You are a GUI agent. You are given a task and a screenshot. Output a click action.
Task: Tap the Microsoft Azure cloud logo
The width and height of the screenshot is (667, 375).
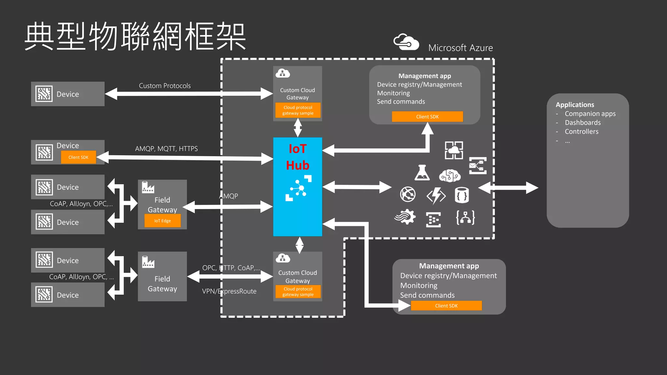(x=406, y=42)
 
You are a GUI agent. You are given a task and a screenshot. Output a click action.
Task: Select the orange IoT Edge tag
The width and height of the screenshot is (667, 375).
(x=162, y=221)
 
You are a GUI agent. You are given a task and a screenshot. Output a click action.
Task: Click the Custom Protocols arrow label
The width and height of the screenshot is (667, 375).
(x=165, y=86)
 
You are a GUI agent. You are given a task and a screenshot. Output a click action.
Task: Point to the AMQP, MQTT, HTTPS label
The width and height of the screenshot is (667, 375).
(x=166, y=149)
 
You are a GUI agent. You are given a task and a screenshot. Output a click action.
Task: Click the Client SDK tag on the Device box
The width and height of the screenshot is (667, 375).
(x=78, y=157)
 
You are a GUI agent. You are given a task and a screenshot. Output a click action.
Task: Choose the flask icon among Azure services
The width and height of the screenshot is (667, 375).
(x=422, y=173)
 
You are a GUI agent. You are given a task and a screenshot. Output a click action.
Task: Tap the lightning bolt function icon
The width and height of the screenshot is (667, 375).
(x=436, y=196)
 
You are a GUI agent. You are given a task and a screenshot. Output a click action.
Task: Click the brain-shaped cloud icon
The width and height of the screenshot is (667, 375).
(x=450, y=176)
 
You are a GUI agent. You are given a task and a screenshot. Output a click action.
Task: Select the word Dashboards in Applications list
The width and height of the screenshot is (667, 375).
(x=583, y=123)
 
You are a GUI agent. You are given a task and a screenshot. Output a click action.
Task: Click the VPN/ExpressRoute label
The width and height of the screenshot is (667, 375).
(x=229, y=291)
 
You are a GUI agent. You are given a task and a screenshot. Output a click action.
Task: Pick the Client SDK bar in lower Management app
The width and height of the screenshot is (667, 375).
(x=446, y=306)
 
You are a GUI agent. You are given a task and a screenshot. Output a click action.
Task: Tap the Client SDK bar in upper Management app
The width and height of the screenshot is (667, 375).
(x=427, y=117)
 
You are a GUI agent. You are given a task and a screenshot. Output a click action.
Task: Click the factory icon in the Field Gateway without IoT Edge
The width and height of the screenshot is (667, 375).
(x=148, y=262)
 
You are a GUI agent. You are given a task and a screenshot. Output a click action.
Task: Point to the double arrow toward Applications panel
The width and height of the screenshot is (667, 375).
(x=508, y=188)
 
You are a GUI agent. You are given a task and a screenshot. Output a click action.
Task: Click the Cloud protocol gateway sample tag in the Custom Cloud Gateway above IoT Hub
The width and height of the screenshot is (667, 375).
(x=298, y=110)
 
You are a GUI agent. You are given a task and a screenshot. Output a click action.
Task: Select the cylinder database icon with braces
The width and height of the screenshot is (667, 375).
(x=461, y=195)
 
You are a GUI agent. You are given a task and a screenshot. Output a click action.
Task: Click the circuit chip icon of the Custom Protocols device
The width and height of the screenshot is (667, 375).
(x=44, y=94)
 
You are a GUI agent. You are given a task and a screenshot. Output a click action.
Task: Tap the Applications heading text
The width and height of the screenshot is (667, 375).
(x=575, y=105)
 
